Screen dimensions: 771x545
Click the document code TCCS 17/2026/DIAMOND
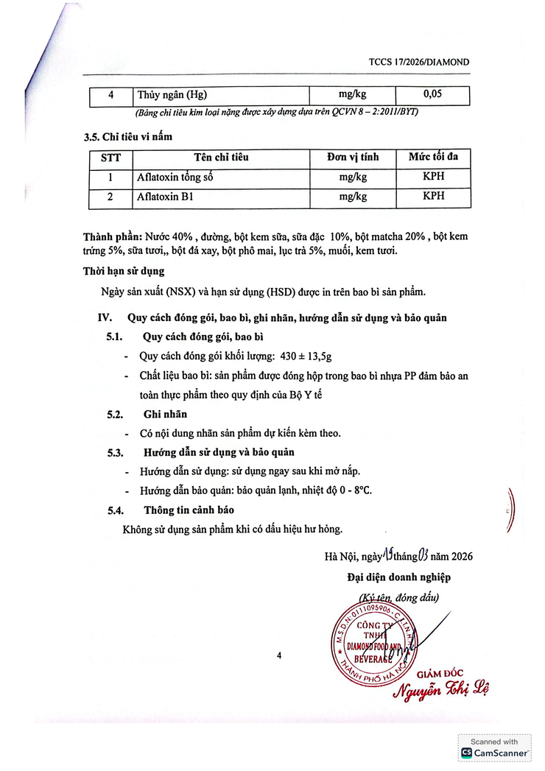coord(418,63)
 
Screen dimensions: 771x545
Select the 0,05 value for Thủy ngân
coord(432,95)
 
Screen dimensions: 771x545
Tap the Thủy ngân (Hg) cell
coord(172,96)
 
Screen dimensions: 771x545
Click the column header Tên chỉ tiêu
coord(221,158)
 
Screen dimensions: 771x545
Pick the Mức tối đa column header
coord(433,158)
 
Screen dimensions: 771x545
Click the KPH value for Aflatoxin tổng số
coord(433,177)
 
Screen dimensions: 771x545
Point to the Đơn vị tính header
coord(353,158)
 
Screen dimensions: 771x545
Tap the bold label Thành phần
coord(112,237)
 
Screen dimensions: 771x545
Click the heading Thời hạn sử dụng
coord(123,271)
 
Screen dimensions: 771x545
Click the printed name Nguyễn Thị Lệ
coord(440,690)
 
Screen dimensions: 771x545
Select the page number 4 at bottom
coord(279,654)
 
